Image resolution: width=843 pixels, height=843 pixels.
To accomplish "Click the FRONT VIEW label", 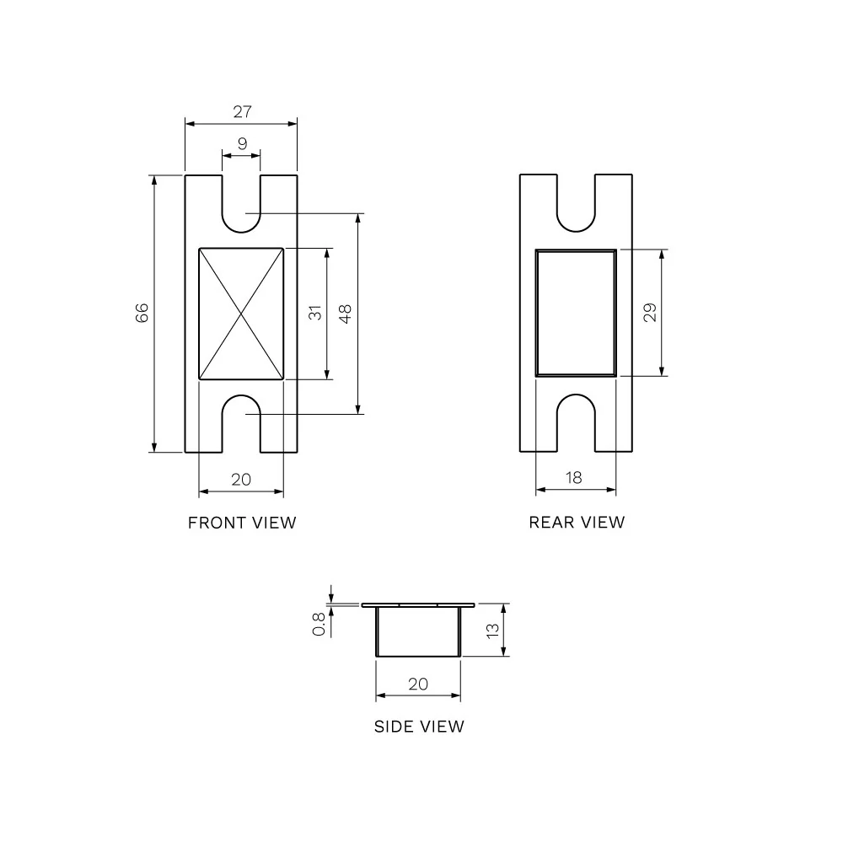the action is pos(242,523).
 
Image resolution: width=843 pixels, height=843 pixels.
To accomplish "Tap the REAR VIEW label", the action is pos(577,522).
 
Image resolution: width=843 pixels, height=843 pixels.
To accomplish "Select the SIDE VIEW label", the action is pos(419,727).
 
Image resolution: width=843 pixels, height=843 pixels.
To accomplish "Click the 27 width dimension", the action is pos(242,111).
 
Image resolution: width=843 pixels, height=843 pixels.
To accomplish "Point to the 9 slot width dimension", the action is pos(242,143).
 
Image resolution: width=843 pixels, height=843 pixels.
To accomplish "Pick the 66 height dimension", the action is pos(142,313).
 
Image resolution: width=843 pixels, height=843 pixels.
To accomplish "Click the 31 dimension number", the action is pos(315,313).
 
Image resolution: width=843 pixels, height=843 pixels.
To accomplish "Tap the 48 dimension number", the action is pos(345,314).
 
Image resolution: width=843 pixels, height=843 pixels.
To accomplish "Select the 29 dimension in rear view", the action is pos(650,313).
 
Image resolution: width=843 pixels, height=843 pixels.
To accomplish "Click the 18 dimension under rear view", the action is pos(573,477).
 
